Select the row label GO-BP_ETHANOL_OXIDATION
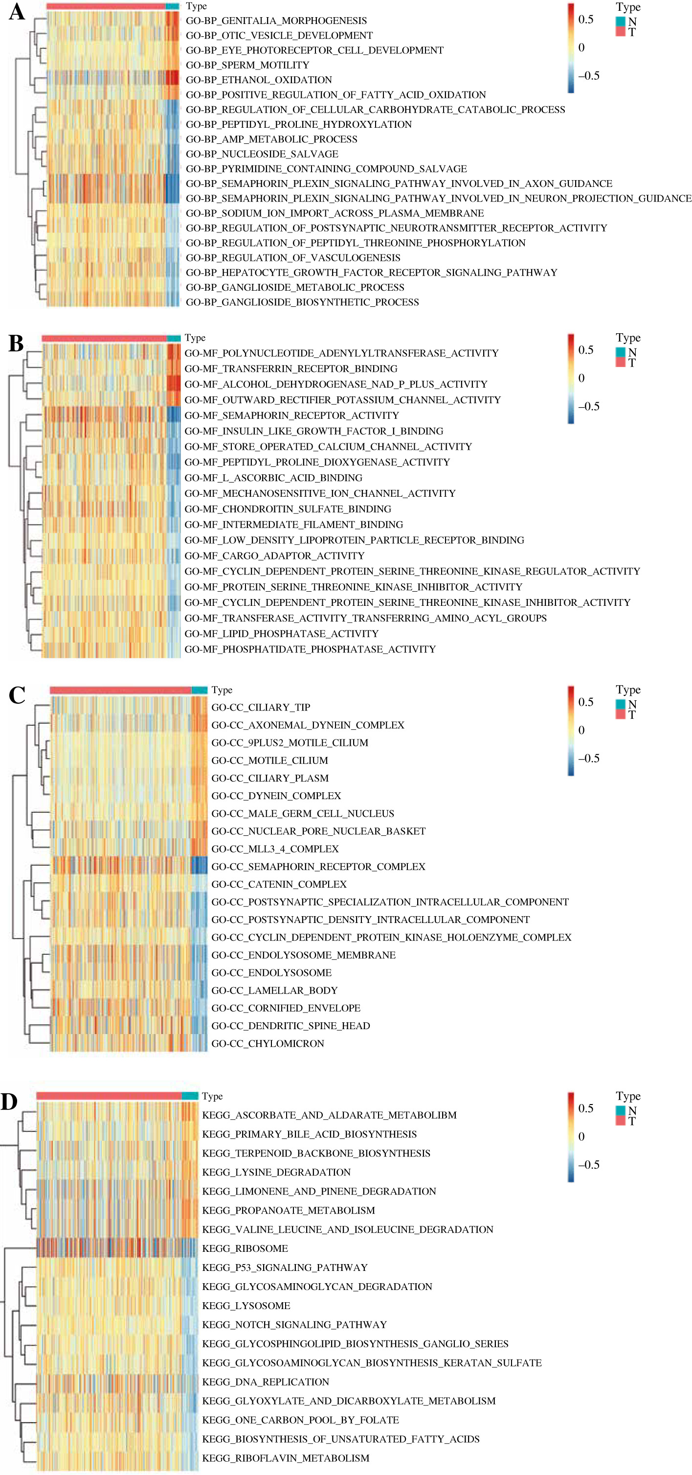click(259, 80)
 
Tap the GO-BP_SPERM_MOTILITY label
click(247, 65)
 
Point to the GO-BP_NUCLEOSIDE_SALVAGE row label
click(262, 154)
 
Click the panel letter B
click(16, 344)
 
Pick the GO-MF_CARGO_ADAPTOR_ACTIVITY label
click(274, 556)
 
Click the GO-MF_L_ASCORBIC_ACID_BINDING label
click(273, 478)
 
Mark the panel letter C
click(17, 696)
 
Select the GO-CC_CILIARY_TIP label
click(261, 708)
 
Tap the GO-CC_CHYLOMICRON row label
click(268, 1044)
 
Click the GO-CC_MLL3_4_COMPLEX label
click(275, 849)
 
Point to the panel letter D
click(9, 1102)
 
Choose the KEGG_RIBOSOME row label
click(245, 1248)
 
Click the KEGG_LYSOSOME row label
click(246, 1306)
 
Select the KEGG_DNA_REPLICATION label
click(266, 1382)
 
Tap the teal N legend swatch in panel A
click(621, 22)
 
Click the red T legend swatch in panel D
click(621, 1121)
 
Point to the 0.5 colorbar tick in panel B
click(585, 350)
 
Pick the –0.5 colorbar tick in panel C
click(588, 759)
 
